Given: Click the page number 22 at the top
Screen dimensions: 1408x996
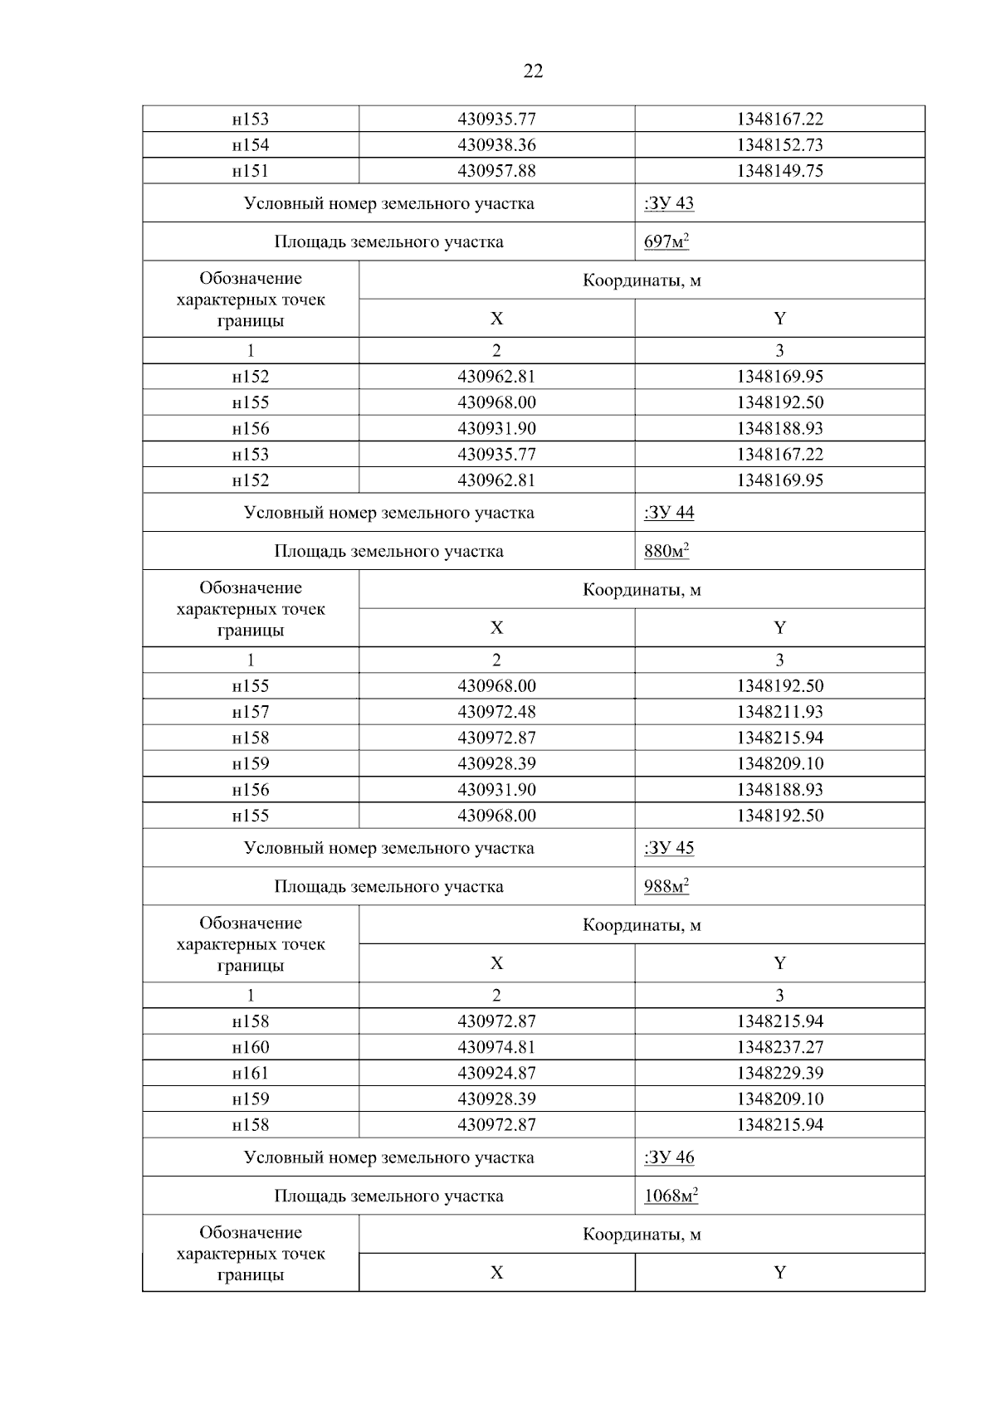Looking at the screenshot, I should coord(533,71).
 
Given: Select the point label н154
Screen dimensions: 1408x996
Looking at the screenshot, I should coord(251,145).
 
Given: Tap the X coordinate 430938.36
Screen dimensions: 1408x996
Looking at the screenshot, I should coord(496,145).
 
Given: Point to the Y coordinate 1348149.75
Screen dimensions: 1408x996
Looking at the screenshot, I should coord(779,171).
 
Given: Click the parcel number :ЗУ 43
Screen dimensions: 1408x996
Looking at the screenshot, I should coord(669,203).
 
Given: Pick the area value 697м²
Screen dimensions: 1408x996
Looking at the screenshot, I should coord(666,242).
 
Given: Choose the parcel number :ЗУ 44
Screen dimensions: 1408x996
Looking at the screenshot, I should coord(669,512).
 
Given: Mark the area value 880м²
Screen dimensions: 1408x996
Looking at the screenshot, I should coord(666,551).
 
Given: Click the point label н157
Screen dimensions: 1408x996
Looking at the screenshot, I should coord(251,712).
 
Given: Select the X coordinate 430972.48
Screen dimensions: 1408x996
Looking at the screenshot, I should coord(496,712).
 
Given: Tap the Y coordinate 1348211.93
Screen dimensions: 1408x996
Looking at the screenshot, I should coord(779,712).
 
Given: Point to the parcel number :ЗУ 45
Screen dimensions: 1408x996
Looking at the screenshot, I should coord(669,848).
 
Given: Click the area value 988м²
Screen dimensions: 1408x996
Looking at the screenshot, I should coord(666,887).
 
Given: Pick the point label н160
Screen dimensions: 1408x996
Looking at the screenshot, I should coord(251,1047).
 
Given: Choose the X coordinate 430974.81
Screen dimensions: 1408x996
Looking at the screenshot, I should coord(496,1047).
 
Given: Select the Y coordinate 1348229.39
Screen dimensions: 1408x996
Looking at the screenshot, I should coord(779,1073).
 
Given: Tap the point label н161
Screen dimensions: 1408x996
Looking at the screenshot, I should coord(251,1073).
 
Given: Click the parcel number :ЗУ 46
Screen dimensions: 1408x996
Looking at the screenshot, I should coord(669,1157).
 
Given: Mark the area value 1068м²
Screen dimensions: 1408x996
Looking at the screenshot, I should coord(671,1196).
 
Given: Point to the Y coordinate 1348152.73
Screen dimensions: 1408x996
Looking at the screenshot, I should coord(779,145).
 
